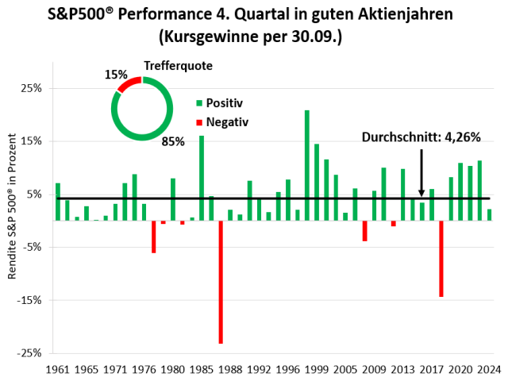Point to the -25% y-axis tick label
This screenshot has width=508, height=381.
[31, 352]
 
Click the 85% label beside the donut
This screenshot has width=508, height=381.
[173, 141]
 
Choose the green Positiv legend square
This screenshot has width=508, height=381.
[199, 103]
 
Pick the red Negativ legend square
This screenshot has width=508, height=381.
[199, 122]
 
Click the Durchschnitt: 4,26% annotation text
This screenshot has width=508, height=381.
[421, 137]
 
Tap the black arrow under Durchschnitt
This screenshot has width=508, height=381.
[421, 171]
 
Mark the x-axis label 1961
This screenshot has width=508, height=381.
[57, 369]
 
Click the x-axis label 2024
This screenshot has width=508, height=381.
[489, 369]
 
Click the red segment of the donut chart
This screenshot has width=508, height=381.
[128, 83]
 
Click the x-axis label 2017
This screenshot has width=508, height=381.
[431, 369]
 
